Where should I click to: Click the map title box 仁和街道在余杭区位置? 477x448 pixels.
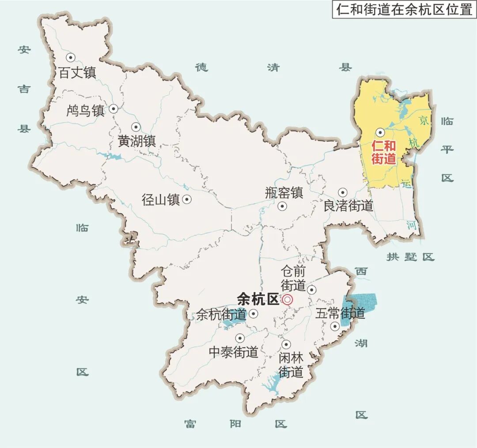pos(404,10)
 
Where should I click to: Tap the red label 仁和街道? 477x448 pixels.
pos(383,152)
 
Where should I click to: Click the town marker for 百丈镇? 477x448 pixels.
pos(70,57)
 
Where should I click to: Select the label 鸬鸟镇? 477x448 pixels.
pos(85,110)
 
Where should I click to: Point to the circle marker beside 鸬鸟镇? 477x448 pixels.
pos(114,108)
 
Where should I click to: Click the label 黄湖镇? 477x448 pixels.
pos(137,141)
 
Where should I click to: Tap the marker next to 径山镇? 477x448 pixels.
pos(187,199)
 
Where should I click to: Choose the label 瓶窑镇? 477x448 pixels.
pos(284,193)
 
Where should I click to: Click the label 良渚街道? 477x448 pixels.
pos(348,206)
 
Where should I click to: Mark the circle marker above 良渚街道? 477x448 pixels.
pos(342,192)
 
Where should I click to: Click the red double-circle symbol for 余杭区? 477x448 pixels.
pos(288,300)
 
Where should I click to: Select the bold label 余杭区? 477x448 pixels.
pos(258,299)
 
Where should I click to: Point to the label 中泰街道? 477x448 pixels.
pos(233,352)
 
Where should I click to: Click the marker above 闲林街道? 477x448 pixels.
pos(286,344)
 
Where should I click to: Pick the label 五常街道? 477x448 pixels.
pos(340,314)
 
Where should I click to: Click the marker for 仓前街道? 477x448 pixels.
pos(312,290)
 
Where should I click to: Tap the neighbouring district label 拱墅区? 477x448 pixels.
pos(410,257)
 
